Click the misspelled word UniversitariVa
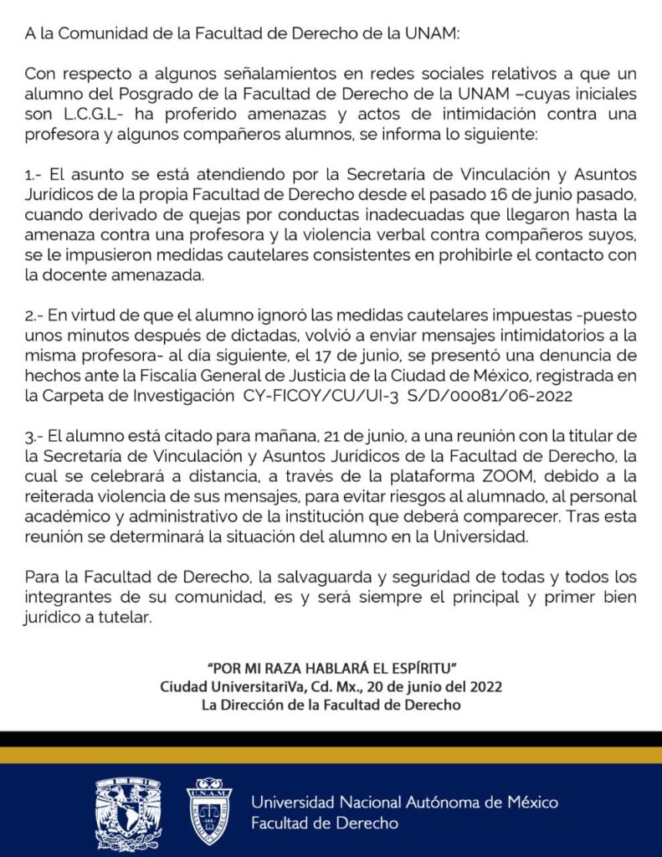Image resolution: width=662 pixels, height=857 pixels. coord(250,686)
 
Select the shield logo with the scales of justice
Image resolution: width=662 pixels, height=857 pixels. coord(209,811)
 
